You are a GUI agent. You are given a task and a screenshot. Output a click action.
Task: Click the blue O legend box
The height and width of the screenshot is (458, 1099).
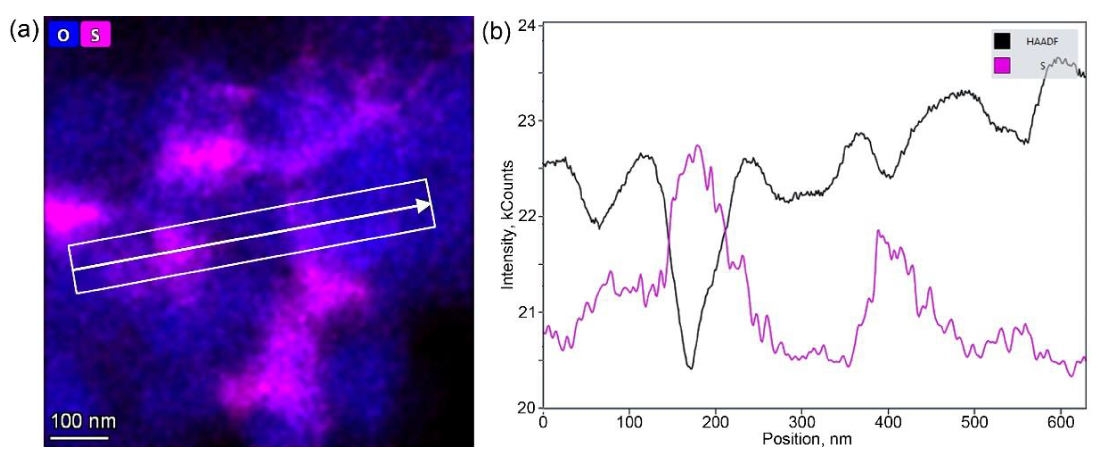(63, 34)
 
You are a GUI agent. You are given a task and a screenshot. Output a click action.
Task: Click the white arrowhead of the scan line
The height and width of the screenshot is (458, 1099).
(424, 205)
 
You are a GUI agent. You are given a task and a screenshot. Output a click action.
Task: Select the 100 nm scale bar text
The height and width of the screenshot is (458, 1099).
(83, 421)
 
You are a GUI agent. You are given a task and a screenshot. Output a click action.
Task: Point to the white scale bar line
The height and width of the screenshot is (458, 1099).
(79, 437)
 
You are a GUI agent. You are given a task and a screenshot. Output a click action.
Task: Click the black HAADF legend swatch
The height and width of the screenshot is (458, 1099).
(1002, 42)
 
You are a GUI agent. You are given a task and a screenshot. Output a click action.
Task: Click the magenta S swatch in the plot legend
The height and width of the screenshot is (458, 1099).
(1002, 65)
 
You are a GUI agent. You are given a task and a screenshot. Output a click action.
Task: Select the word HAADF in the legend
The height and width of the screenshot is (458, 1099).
(1042, 42)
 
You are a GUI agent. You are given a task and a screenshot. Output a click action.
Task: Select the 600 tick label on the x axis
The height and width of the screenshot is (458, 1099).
(1060, 422)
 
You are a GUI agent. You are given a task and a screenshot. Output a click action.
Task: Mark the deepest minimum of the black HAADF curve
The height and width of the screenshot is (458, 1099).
(691, 368)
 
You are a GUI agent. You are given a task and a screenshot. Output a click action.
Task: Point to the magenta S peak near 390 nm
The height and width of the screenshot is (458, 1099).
(878, 231)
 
